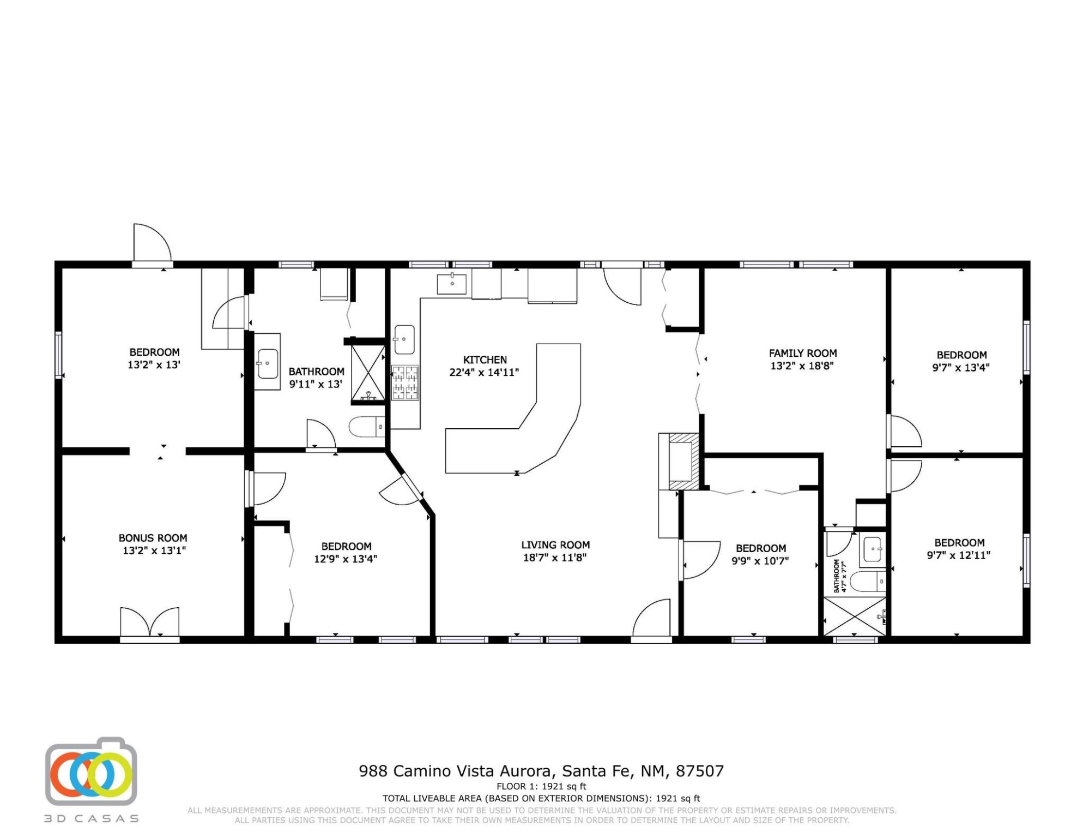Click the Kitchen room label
[485, 360]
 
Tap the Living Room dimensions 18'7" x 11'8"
[555, 558]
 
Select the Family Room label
[803, 354]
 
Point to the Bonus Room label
[153, 538]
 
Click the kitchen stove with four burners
[406, 382]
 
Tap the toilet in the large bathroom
[367, 427]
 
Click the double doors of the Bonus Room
[150, 622]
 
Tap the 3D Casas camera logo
[91, 772]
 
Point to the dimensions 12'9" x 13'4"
[346, 559]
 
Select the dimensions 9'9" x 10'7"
[760, 561]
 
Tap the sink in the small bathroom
[873, 549]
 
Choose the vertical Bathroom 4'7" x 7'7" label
[840, 576]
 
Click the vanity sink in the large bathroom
[268, 363]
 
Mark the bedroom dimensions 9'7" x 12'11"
[959, 555]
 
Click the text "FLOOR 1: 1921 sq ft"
[541, 787]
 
